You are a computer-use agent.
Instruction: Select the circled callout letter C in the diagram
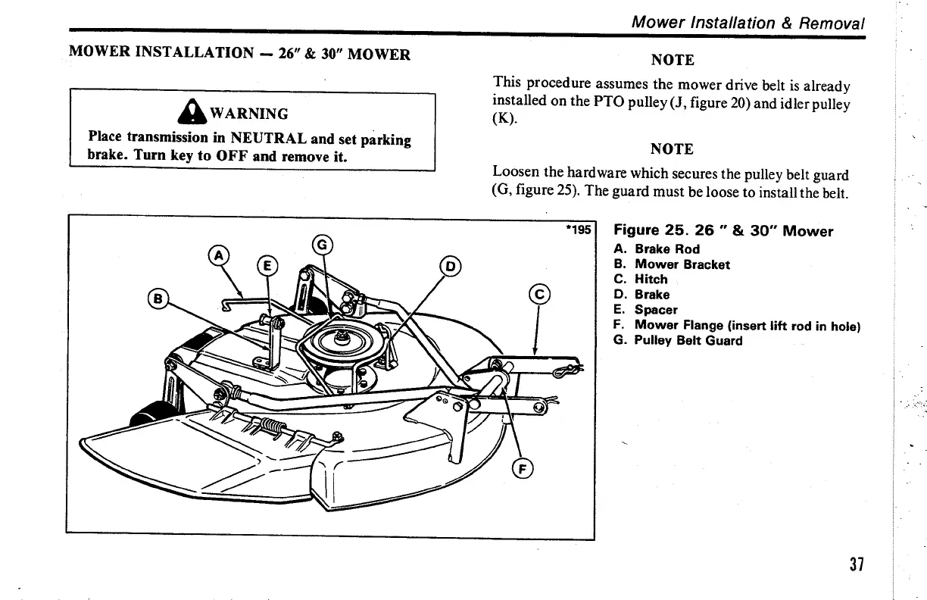[x=538, y=295]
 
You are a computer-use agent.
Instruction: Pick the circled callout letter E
[x=267, y=265]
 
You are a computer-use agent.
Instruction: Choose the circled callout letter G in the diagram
[x=322, y=245]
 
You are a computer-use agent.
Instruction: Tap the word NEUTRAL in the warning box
[x=267, y=139]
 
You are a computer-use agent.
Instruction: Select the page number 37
[x=856, y=565]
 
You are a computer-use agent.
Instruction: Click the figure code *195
[x=578, y=229]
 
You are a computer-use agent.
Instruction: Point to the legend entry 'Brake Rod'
[x=666, y=249]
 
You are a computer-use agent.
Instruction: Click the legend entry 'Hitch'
[x=651, y=280]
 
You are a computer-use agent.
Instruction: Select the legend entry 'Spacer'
[x=656, y=310]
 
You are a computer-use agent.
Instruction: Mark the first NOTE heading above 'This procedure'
[x=673, y=60]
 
